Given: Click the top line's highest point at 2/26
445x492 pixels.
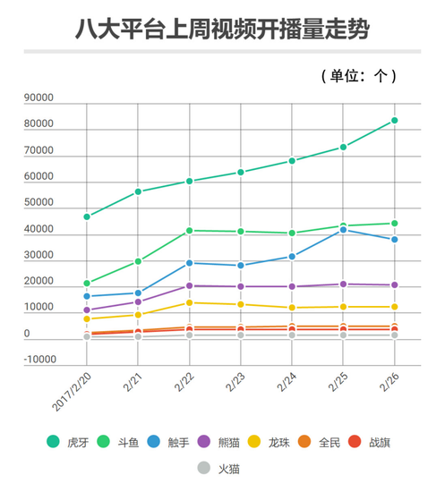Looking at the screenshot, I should [x=394, y=120].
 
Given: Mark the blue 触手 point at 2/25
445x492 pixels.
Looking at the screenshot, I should [x=343, y=230].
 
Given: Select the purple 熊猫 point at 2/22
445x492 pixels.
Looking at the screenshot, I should [x=189, y=286].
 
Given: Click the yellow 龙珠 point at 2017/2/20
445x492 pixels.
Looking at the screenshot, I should [x=87, y=318].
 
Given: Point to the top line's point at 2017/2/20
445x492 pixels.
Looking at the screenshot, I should [x=87, y=216].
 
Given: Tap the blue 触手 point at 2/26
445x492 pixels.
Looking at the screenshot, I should [x=394, y=240].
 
